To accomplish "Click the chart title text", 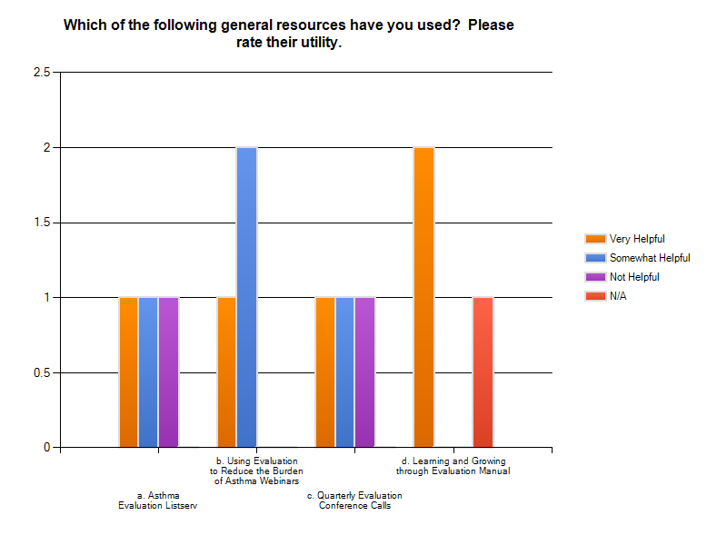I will click(x=288, y=33).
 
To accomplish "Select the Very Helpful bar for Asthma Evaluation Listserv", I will click(x=128, y=372).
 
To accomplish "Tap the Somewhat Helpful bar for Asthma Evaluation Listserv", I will click(x=148, y=372).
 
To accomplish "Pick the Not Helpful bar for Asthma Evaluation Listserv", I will click(x=168, y=372).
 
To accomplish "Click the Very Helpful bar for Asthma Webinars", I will click(x=226, y=372).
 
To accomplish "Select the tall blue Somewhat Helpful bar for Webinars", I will click(x=246, y=297).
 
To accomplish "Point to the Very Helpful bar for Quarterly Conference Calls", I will click(x=324, y=372).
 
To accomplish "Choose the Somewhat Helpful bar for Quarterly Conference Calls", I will click(x=344, y=372).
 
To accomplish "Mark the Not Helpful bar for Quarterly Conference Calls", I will click(x=364, y=372).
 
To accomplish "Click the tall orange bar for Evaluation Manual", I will click(x=423, y=297).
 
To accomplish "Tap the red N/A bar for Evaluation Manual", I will click(x=483, y=372).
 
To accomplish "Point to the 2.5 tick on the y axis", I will click(x=41, y=73).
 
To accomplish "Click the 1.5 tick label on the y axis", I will click(x=41, y=223).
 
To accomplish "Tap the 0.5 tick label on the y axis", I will click(x=41, y=372).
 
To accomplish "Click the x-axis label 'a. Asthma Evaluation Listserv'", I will click(x=157, y=500).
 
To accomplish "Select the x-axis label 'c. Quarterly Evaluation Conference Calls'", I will click(x=354, y=500).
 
